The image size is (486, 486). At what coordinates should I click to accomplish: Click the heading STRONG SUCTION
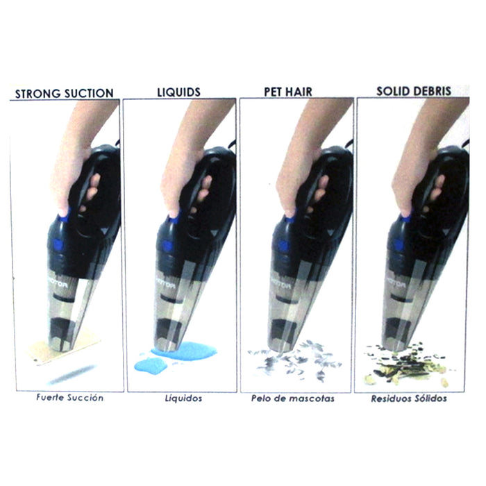point(64,93)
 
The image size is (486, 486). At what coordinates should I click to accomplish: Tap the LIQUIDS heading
point(179,92)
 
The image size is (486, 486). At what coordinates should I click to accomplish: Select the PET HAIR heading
point(288,92)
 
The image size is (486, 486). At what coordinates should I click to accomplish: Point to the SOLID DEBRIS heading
point(414,91)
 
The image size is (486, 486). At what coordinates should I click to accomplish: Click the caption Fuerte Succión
point(69,397)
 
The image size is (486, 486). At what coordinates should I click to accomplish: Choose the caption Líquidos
point(183,398)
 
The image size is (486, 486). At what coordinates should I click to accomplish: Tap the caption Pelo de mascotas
point(293,399)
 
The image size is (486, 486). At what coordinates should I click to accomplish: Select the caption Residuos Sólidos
point(409,399)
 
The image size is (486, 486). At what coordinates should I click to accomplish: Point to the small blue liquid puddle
point(151,366)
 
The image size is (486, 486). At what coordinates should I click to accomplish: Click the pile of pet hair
point(294,360)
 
